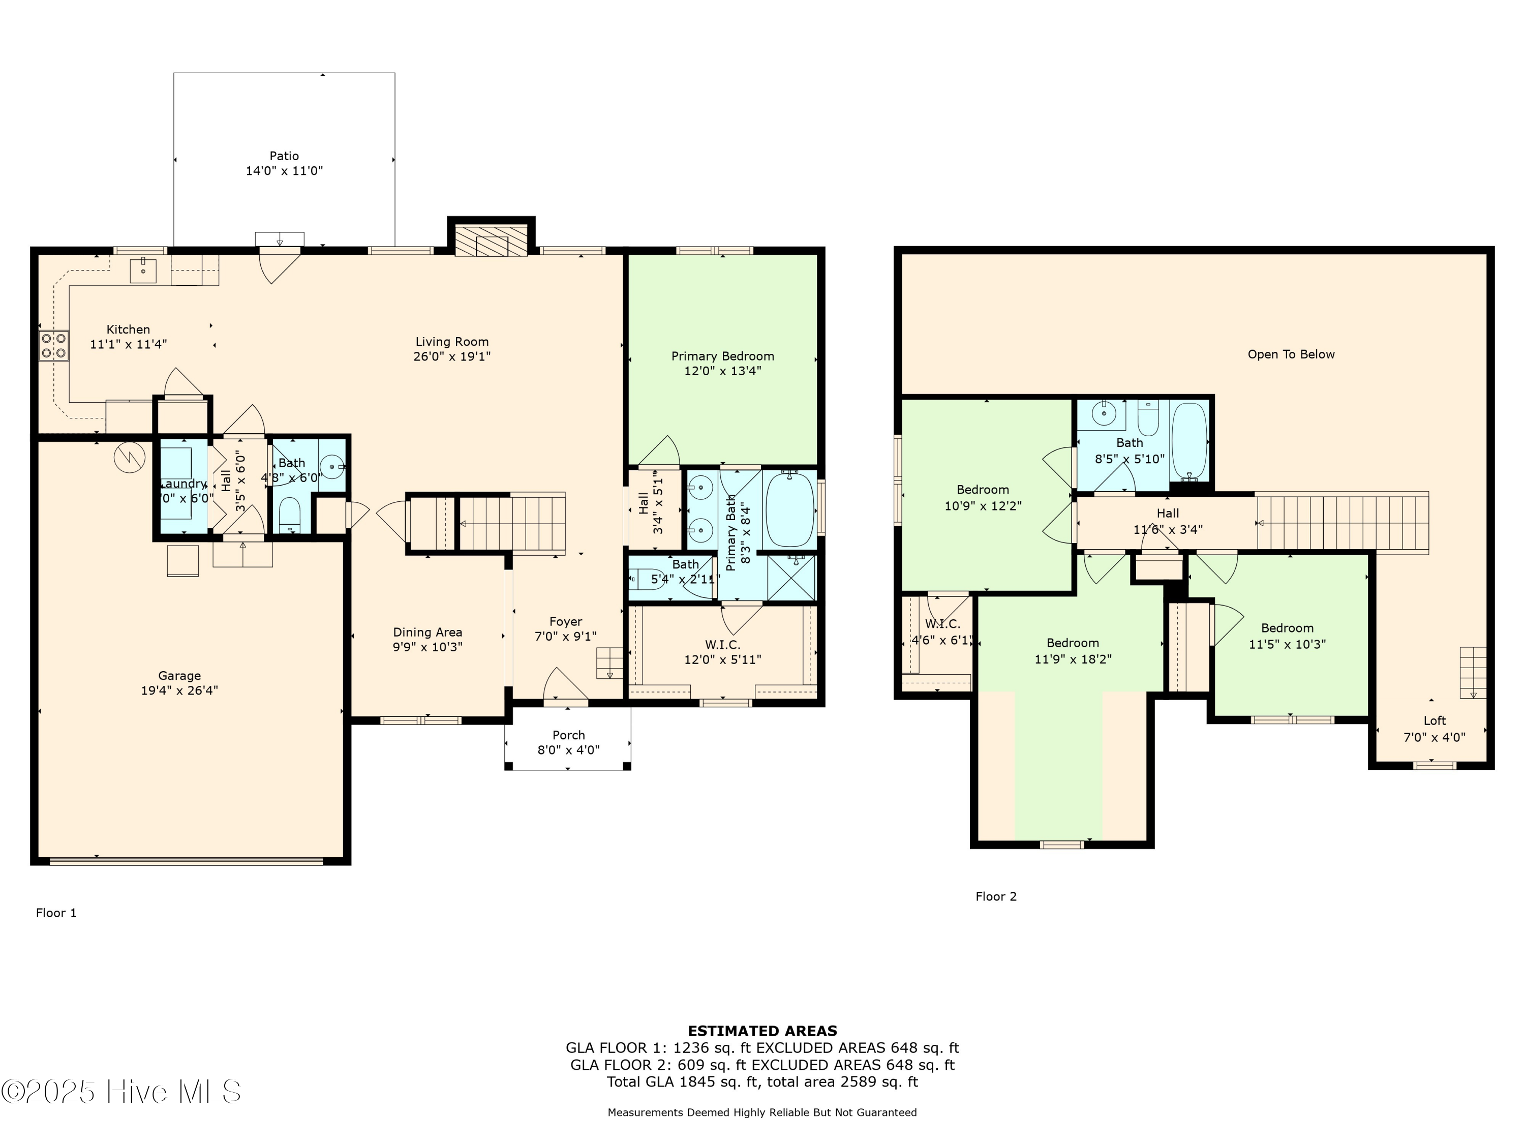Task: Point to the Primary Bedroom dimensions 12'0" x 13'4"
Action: pyautogui.click(x=722, y=371)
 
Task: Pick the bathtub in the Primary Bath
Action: pyautogui.click(x=790, y=509)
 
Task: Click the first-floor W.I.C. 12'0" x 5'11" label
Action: pyautogui.click(x=722, y=652)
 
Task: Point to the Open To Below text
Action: pyautogui.click(x=1291, y=354)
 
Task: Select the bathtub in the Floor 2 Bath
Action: pyautogui.click(x=1189, y=442)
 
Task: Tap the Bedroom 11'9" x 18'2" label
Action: pyautogui.click(x=1073, y=650)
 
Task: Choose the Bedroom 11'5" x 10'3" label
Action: pyautogui.click(x=1287, y=636)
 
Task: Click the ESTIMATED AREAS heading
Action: pyautogui.click(x=762, y=1031)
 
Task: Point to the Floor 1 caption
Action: pyautogui.click(x=56, y=913)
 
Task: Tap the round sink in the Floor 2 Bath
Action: pyautogui.click(x=1105, y=414)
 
